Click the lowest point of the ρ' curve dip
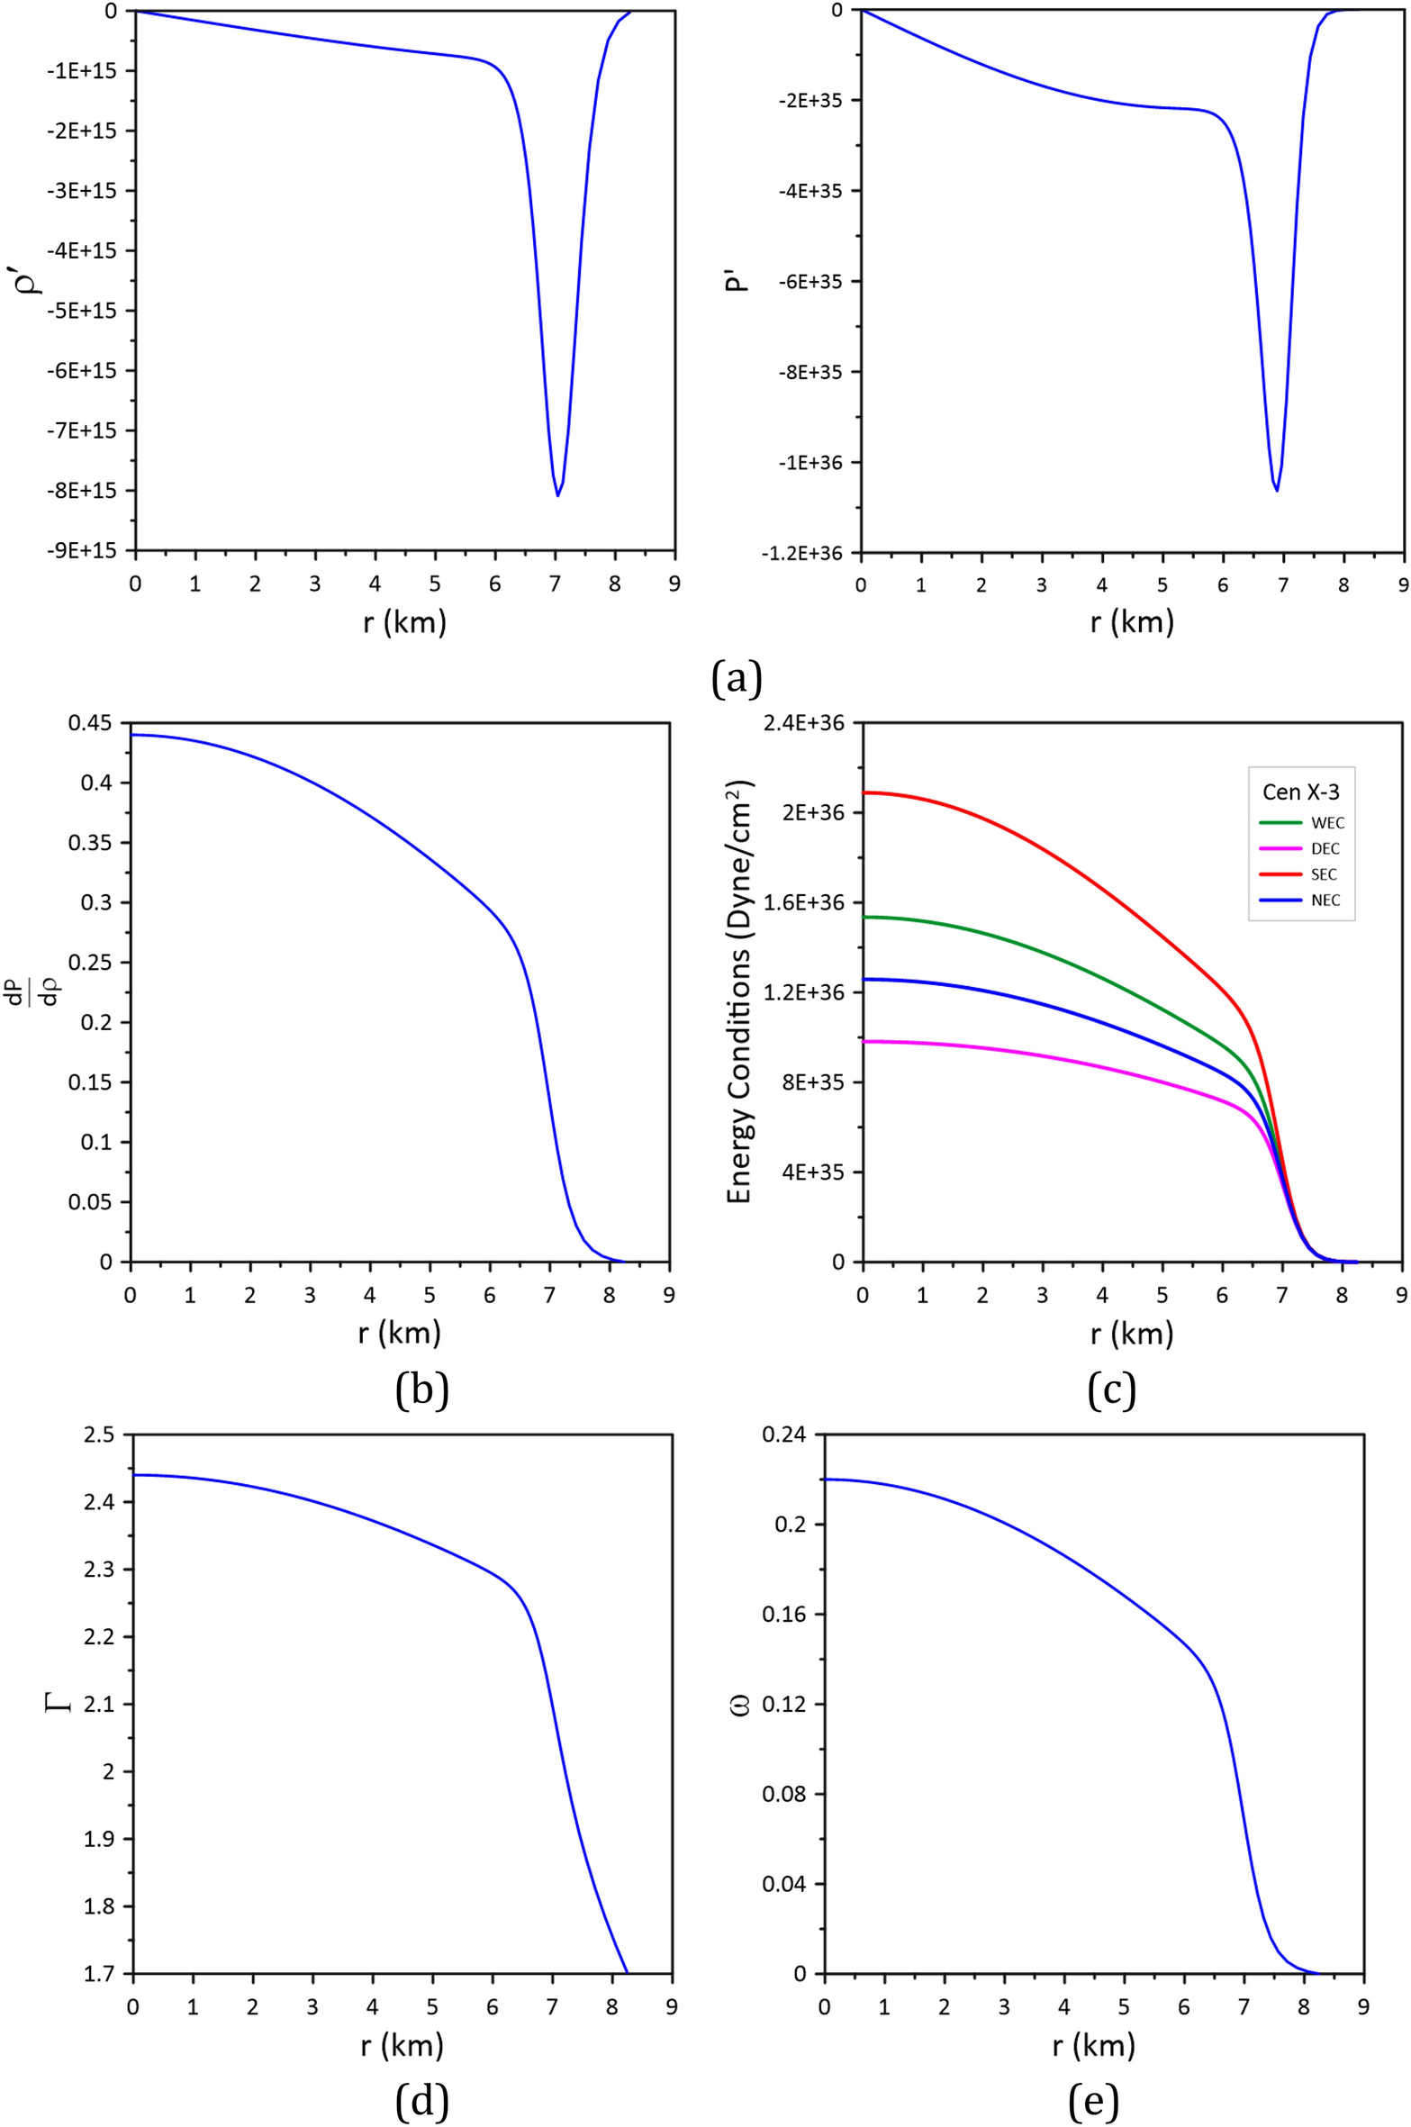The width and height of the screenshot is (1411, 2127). pyautogui.click(x=557, y=495)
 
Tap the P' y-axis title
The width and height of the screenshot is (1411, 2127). pyautogui.click(x=737, y=281)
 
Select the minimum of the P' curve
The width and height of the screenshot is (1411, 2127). pyautogui.click(x=1276, y=490)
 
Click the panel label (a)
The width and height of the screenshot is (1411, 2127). pyautogui.click(x=736, y=678)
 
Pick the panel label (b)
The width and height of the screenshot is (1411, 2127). pyautogui.click(x=421, y=1390)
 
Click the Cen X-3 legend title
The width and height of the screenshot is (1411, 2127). pyautogui.click(x=1300, y=792)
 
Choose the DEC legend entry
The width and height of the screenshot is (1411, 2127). pyautogui.click(x=1325, y=849)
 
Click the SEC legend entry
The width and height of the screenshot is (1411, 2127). pyautogui.click(x=1324, y=874)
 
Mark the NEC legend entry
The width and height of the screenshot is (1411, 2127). pyautogui.click(x=1325, y=901)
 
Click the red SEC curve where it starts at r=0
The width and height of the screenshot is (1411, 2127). pyautogui.click(x=864, y=792)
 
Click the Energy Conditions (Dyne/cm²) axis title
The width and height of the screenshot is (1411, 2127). pyautogui.click(x=739, y=991)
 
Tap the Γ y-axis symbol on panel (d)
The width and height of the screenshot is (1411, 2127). pyautogui.click(x=60, y=1702)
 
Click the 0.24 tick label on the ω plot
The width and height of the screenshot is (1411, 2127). pyautogui.click(x=783, y=1435)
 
